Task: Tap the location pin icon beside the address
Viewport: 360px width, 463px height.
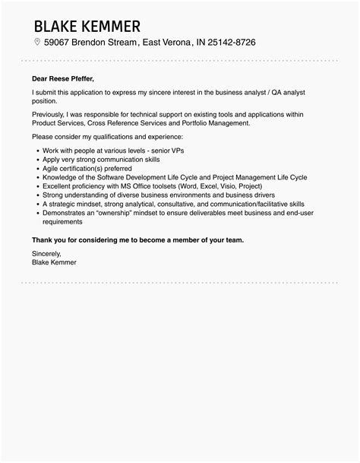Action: [x=36, y=43]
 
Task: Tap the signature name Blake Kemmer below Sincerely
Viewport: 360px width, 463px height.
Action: [x=54, y=262]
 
